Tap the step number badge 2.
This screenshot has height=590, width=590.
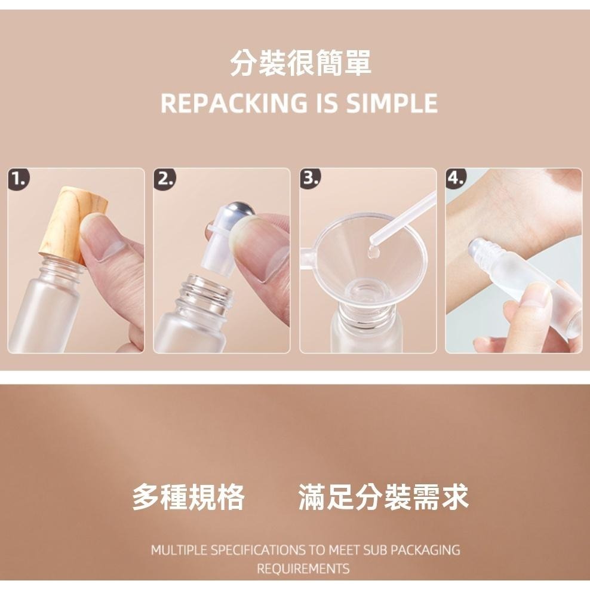coord(165,179)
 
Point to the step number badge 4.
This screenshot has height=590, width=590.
coord(456,179)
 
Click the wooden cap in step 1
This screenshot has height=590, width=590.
coord(73,223)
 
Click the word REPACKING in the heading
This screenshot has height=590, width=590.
coord(233,103)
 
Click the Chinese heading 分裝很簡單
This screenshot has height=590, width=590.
coord(300,63)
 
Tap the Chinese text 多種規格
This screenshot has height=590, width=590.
coord(188,497)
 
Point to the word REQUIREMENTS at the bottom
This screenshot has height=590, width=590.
coord(303,568)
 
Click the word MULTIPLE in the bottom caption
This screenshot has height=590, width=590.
coord(179,550)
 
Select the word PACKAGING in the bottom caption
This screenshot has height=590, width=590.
coord(425,550)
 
